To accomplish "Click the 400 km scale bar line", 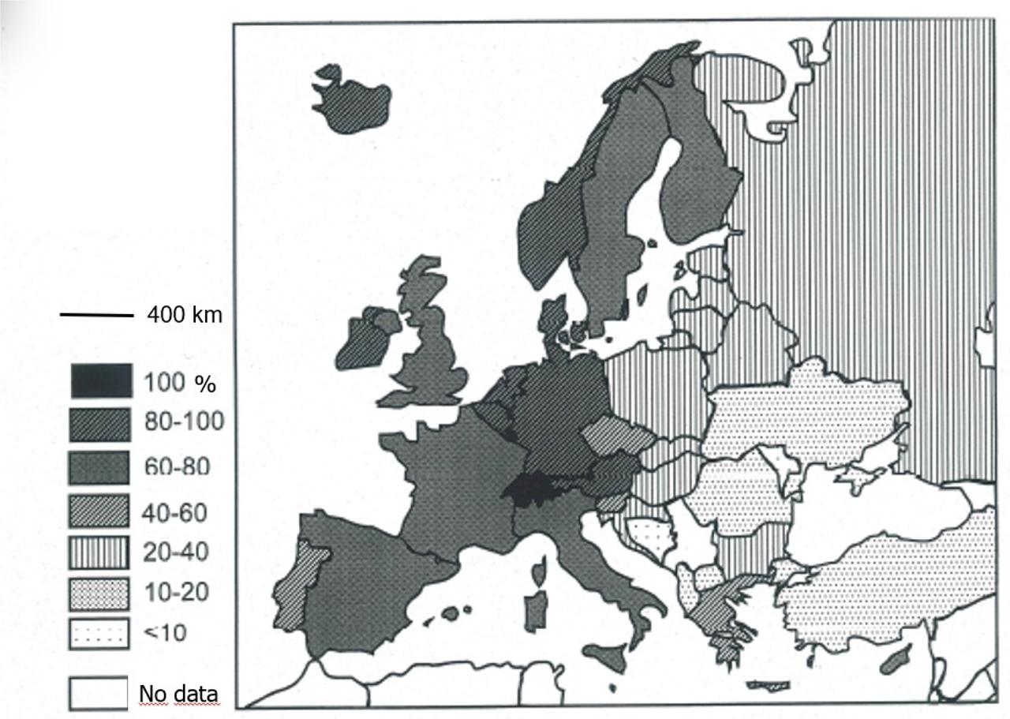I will [96, 316].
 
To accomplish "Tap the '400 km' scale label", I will [185, 315].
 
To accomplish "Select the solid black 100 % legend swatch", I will [100, 381].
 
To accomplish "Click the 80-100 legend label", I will [183, 422].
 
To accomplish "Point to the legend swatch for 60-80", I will [100, 467].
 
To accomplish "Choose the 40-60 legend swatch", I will [100, 511].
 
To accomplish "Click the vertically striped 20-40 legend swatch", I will [100, 552].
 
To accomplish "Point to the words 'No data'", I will [178, 693].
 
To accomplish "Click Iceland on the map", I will [353, 102].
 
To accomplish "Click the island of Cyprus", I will [896, 658].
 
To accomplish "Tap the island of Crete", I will [767, 685].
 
